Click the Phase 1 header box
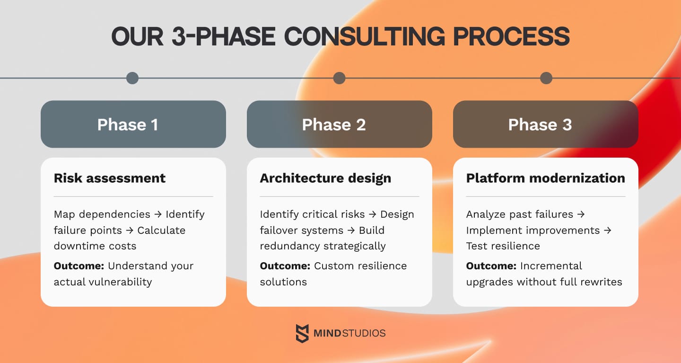pos(133,124)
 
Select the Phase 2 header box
pos(339,124)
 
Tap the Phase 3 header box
pos(545,124)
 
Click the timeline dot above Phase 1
pos(132,78)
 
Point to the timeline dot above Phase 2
pos(339,78)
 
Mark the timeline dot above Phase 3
pos(546,78)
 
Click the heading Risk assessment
pos(110,178)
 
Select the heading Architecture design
pos(325,178)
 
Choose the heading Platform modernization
pos(545,178)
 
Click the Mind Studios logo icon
pos(302,333)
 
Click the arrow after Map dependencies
pos(158,214)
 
